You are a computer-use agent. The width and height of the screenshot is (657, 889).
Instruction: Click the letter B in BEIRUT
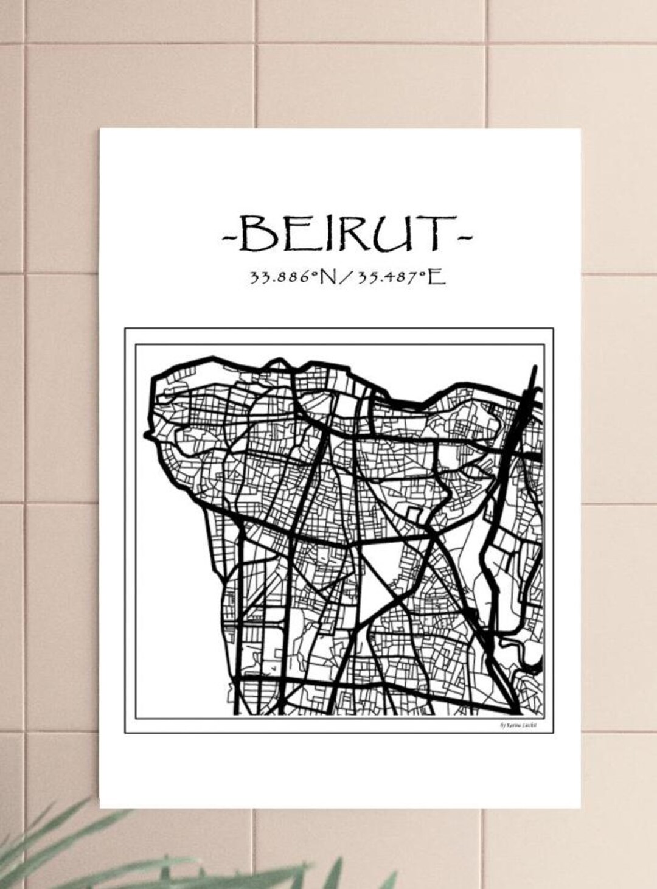pos(254,234)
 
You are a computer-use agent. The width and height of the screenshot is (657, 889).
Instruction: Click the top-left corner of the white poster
pos(101,128)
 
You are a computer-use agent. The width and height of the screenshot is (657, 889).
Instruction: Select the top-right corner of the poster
pos(579,130)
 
